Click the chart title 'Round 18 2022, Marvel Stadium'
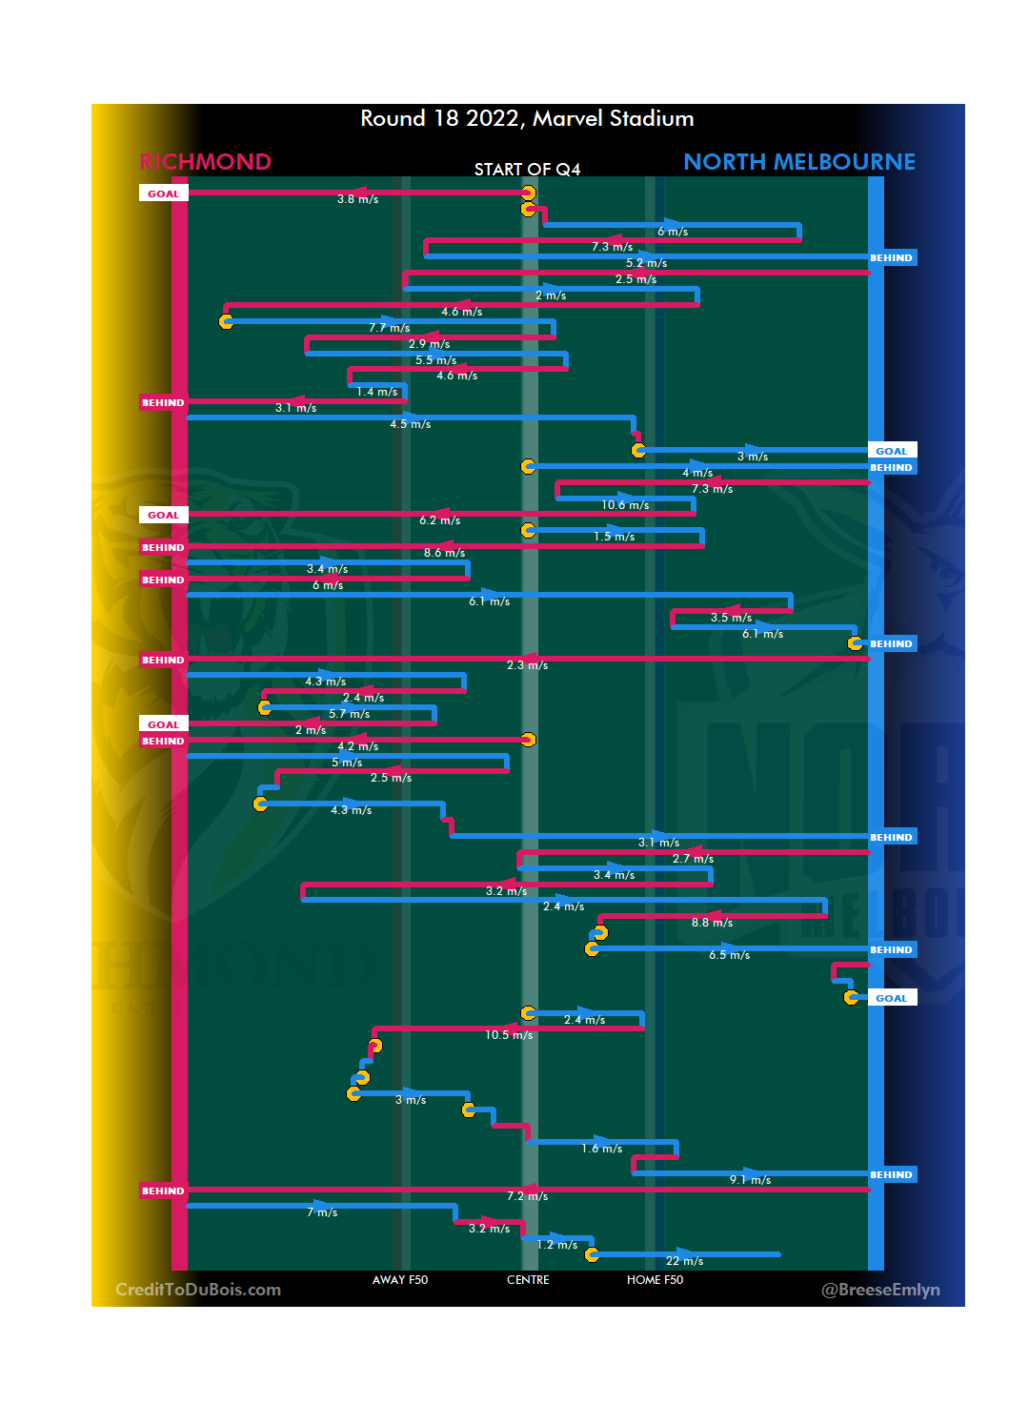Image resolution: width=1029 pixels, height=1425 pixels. coord(527,119)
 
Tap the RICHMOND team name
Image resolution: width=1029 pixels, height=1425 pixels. coord(206,162)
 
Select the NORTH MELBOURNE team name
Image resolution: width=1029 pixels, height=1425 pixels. coord(798,162)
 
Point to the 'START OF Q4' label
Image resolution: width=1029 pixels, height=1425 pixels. coord(527,170)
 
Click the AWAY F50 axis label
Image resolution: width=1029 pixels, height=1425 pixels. coord(400,1280)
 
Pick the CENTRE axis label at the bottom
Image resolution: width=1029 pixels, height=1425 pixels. coord(528,1280)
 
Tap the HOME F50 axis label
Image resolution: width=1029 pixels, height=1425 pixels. coord(655,1280)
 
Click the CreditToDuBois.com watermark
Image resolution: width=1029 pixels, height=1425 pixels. coord(198,1290)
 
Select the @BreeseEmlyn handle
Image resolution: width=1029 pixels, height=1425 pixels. coord(880,1290)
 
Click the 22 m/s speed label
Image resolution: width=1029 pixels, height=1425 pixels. coord(684,1261)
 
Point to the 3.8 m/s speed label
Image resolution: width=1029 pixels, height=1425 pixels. coord(357,199)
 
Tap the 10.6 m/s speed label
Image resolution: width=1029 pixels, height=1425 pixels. coord(625,505)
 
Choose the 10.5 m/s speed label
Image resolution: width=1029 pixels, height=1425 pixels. coord(509,1035)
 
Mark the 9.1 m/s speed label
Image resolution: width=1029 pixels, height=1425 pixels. coord(750,1180)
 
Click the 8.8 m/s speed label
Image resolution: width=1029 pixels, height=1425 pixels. coord(712,923)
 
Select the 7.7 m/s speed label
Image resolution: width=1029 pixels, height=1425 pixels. coord(389,328)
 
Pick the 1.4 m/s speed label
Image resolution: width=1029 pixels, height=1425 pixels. coord(377,392)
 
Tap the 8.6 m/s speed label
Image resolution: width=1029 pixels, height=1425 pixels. coord(444,553)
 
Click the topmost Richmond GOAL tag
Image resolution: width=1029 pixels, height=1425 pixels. coord(163,193)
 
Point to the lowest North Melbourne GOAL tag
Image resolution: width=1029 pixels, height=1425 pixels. coord(892,998)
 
